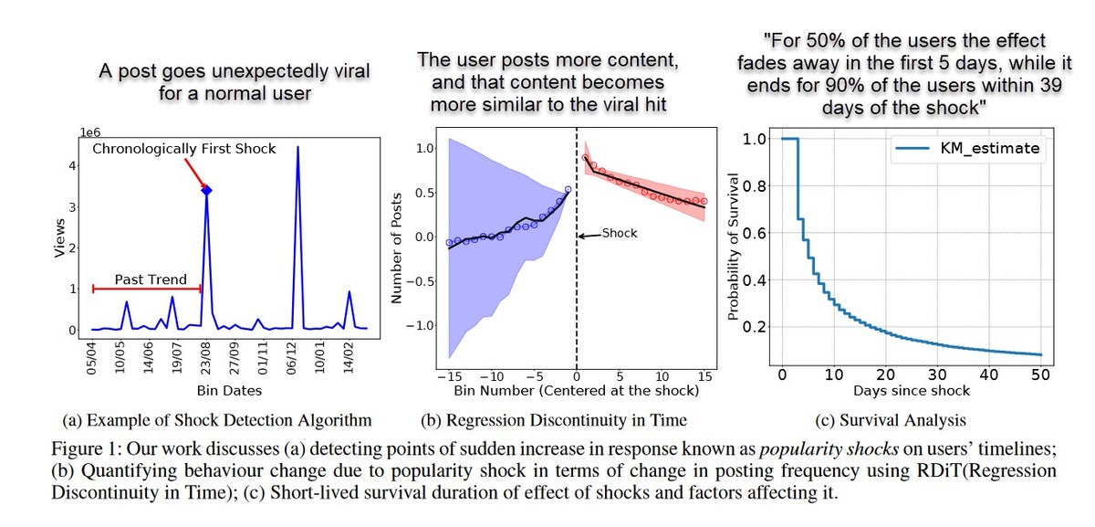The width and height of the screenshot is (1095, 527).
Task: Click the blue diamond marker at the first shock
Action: tap(207, 190)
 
